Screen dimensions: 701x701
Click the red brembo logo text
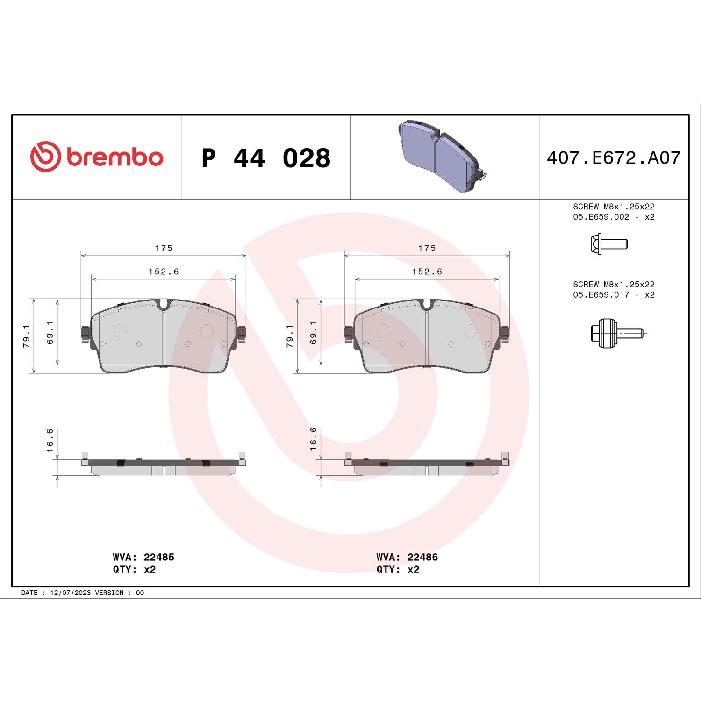pyautogui.click(x=114, y=157)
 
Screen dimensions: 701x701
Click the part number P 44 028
pyautogui.click(x=265, y=158)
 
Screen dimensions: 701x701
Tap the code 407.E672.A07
pyautogui.click(x=613, y=158)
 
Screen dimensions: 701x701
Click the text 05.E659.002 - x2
pyautogui.click(x=613, y=217)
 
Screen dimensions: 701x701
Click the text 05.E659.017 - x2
pyautogui.click(x=613, y=295)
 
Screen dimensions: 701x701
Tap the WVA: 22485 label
pyautogui.click(x=143, y=557)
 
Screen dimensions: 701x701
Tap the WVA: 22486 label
pyautogui.click(x=407, y=557)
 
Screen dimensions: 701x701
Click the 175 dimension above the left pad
pyautogui.click(x=164, y=248)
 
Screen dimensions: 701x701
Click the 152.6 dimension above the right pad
pyautogui.click(x=427, y=272)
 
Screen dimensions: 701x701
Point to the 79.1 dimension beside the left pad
pyautogui.click(x=27, y=336)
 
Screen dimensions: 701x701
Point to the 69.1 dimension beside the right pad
pyautogui.click(x=313, y=332)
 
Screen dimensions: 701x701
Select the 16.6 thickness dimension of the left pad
pyautogui.click(x=50, y=440)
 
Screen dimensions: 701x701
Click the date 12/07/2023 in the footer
pyautogui.click(x=70, y=593)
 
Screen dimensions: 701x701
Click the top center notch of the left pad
pyautogui.click(x=163, y=305)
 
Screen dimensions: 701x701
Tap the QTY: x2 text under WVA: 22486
pyautogui.click(x=398, y=569)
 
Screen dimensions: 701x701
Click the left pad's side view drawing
pyautogui.click(x=163, y=466)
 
